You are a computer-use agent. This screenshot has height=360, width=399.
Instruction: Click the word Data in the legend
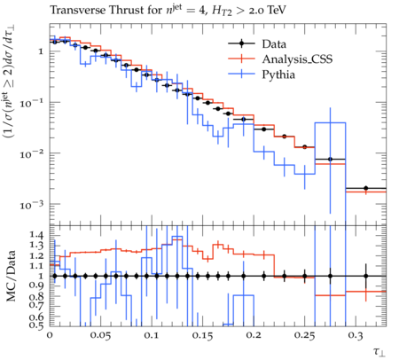click(x=274, y=44)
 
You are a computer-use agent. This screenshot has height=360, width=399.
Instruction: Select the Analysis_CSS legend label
click(x=297, y=59)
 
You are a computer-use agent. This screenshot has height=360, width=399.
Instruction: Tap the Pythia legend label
click(x=278, y=74)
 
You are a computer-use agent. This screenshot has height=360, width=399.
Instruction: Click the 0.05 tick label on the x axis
click(x=100, y=336)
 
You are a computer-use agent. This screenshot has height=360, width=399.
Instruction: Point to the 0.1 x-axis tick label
click(x=152, y=336)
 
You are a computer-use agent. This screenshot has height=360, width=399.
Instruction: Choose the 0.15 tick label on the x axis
click(x=202, y=336)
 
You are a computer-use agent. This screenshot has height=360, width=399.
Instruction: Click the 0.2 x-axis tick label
click(x=254, y=336)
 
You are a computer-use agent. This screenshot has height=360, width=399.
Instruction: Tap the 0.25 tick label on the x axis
click(x=304, y=336)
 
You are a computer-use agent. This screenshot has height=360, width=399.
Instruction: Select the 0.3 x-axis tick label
click(x=356, y=336)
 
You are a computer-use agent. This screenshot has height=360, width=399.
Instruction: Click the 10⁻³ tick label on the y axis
click(x=32, y=204)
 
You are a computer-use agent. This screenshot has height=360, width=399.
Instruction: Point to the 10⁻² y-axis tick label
click(x=32, y=153)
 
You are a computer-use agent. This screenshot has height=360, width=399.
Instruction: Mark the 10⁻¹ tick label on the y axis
click(x=32, y=103)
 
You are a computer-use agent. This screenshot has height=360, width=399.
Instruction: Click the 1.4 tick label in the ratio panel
click(x=36, y=235)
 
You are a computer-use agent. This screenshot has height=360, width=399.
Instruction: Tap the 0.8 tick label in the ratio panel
click(x=36, y=296)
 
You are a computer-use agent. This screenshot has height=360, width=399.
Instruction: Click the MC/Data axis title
click(x=11, y=276)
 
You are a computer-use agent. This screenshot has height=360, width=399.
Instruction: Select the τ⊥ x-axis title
click(x=379, y=351)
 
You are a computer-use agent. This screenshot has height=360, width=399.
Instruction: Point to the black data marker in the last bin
click(x=366, y=188)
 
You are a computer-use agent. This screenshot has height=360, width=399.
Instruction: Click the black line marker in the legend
click(x=241, y=44)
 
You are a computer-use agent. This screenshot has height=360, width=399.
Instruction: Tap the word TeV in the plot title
click(x=277, y=11)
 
